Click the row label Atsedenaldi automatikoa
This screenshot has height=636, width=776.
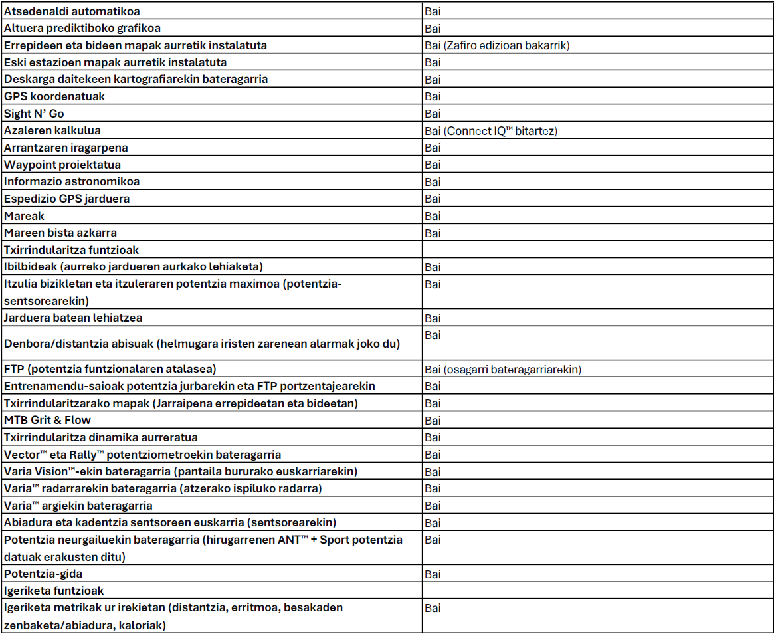[72, 11]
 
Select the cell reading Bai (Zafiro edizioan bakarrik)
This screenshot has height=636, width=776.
[497, 45]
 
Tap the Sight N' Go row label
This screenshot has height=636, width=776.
[34, 114]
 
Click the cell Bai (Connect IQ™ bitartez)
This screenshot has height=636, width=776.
[490, 131]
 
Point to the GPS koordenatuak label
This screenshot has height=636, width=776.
[54, 96]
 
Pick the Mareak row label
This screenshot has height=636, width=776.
[24, 216]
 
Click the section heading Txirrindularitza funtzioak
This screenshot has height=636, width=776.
[71, 250]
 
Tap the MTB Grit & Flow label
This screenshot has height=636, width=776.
[47, 420]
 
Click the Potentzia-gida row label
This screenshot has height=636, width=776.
[43, 574]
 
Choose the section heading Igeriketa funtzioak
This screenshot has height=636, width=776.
[54, 591]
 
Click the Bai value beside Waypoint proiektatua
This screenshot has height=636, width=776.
[433, 165]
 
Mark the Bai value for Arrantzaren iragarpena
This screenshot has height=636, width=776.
[433, 148]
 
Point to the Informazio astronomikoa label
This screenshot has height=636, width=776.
[72, 181]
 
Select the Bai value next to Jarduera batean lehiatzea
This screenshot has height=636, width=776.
[433, 318]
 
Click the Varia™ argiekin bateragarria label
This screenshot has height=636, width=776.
[69, 506]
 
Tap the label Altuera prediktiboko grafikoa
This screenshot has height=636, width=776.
[82, 28]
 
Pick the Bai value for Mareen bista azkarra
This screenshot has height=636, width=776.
[433, 233]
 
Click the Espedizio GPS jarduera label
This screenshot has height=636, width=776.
[66, 199]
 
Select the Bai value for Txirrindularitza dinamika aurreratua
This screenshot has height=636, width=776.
[433, 437]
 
